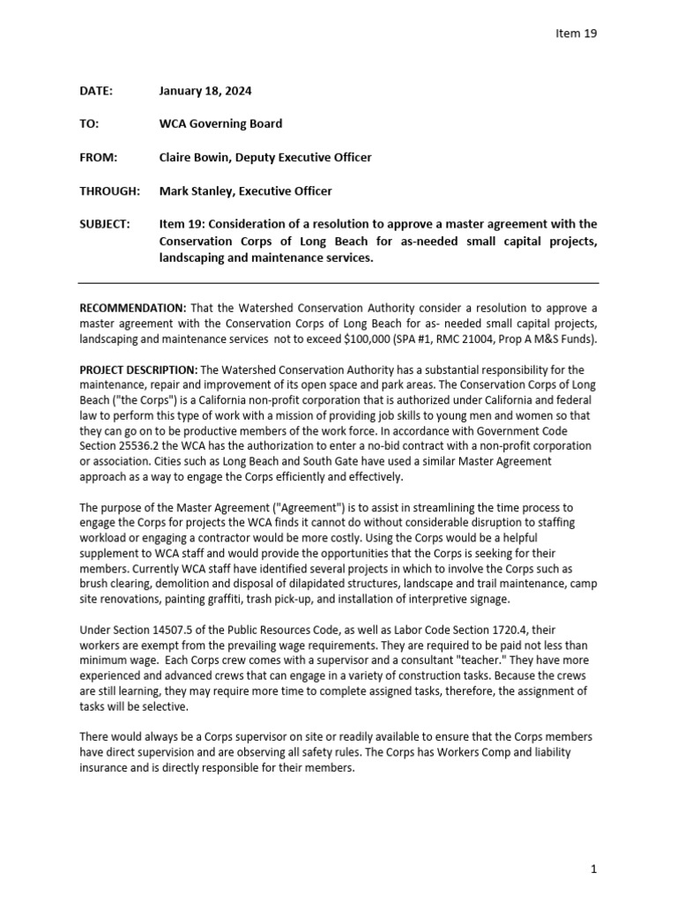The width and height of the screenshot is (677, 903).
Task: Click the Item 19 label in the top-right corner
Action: (x=577, y=34)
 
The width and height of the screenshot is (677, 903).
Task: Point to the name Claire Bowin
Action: (x=195, y=158)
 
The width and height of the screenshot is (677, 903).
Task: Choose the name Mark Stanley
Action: (x=196, y=191)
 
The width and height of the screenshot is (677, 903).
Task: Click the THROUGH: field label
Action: (x=109, y=191)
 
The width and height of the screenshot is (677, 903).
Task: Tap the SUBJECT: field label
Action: (x=105, y=225)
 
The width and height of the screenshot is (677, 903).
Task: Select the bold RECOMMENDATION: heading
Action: (x=133, y=308)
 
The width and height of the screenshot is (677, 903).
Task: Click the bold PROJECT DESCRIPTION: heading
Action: (x=139, y=369)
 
